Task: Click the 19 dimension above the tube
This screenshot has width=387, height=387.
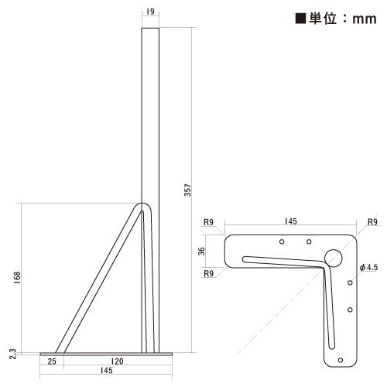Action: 150,12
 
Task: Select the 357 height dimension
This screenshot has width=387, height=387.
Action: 188,190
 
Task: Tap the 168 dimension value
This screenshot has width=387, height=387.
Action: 17,278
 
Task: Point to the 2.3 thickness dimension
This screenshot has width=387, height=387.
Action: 12,354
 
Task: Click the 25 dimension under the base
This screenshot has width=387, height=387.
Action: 52,361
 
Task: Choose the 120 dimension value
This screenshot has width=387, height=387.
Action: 117,361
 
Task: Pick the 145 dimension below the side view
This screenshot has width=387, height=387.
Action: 106,371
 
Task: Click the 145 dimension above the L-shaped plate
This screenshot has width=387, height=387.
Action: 291,221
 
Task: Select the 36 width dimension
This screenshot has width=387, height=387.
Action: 201,251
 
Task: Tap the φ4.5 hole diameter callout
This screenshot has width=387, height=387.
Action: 368,267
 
